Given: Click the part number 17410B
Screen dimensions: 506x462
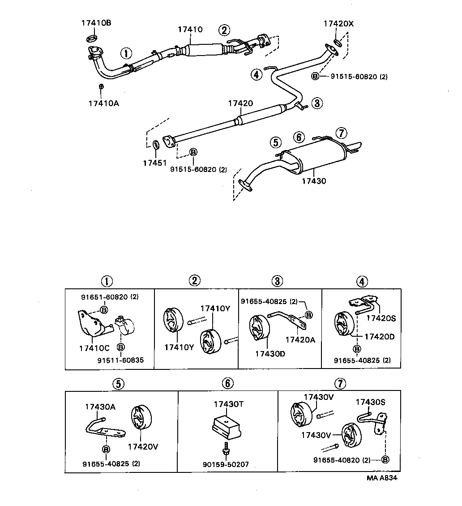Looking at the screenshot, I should tap(96, 22).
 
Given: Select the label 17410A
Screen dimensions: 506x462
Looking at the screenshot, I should tap(103, 103).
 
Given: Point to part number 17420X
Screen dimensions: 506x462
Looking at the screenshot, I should tap(338, 24).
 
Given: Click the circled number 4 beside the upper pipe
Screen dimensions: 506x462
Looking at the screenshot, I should tap(256, 75).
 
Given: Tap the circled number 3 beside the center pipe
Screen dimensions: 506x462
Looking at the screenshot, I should tap(317, 103).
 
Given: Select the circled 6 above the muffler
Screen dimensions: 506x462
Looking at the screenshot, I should tap(299, 137).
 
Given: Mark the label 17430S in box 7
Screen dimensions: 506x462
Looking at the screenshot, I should tap(370, 402).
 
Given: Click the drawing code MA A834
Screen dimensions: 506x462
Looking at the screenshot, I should tap(382, 477).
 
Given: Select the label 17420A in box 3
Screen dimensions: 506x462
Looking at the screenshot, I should tap(300, 339).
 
